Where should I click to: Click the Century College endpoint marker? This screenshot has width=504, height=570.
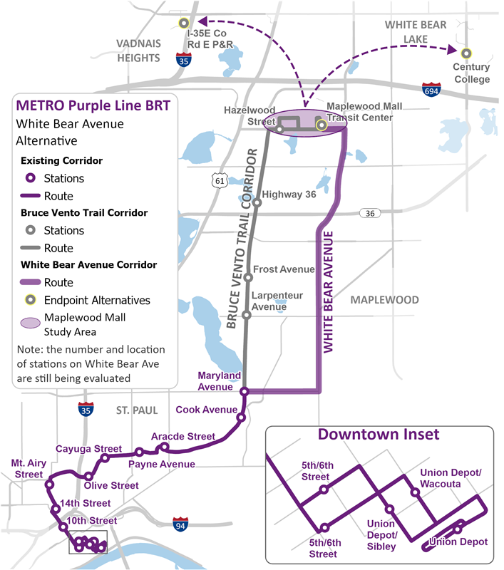[x=466, y=53]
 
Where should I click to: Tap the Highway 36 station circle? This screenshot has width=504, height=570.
[x=257, y=203]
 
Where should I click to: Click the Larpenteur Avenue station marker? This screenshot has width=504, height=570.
[x=247, y=315]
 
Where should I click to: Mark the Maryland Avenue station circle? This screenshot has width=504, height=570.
[x=244, y=391]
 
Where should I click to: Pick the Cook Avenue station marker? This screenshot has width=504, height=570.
[x=242, y=418]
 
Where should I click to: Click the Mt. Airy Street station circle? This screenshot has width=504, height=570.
[x=49, y=484]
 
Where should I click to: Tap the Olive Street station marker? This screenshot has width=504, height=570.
[x=88, y=476]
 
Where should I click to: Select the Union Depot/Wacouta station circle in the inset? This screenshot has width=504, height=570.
[x=414, y=492]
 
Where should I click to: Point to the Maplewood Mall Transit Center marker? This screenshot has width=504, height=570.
[x=322, y=125]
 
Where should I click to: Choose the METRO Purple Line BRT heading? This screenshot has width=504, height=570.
[x=88, y=105]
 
